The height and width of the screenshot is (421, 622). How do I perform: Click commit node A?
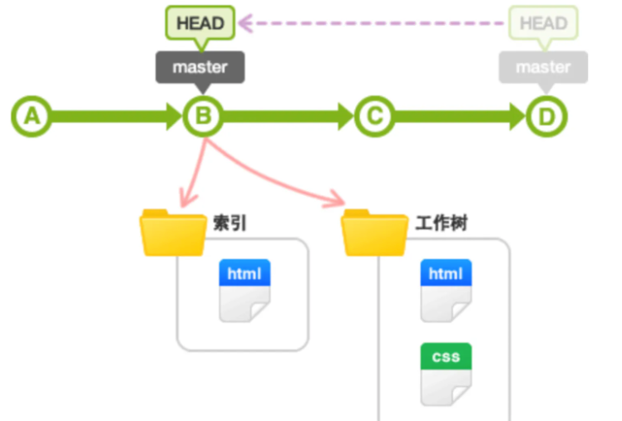point(31,116)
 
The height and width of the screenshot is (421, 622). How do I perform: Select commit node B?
point(202,116)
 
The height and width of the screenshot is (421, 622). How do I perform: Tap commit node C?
point(373,116)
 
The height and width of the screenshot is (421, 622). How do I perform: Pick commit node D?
point(545,116)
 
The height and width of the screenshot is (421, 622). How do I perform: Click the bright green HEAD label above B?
point(200,22)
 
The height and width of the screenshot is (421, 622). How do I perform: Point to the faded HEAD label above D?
point(543,22)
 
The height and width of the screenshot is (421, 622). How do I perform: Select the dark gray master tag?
point(200,66)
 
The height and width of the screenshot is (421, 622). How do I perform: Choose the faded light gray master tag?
point(543,66)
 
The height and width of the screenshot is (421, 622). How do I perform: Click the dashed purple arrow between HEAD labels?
point(374,22)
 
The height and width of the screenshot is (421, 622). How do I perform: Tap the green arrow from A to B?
point(116,116)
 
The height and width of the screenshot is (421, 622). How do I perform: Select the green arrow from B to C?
point(288,116)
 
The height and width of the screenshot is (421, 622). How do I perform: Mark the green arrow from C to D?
point(459,116)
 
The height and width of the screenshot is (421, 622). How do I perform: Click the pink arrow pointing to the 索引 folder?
point(193,174)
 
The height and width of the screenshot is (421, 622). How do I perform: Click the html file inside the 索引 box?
point(244,290)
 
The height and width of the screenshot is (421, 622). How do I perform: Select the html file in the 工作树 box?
point(446,290)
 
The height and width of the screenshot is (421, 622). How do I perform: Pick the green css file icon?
point(446,373)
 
